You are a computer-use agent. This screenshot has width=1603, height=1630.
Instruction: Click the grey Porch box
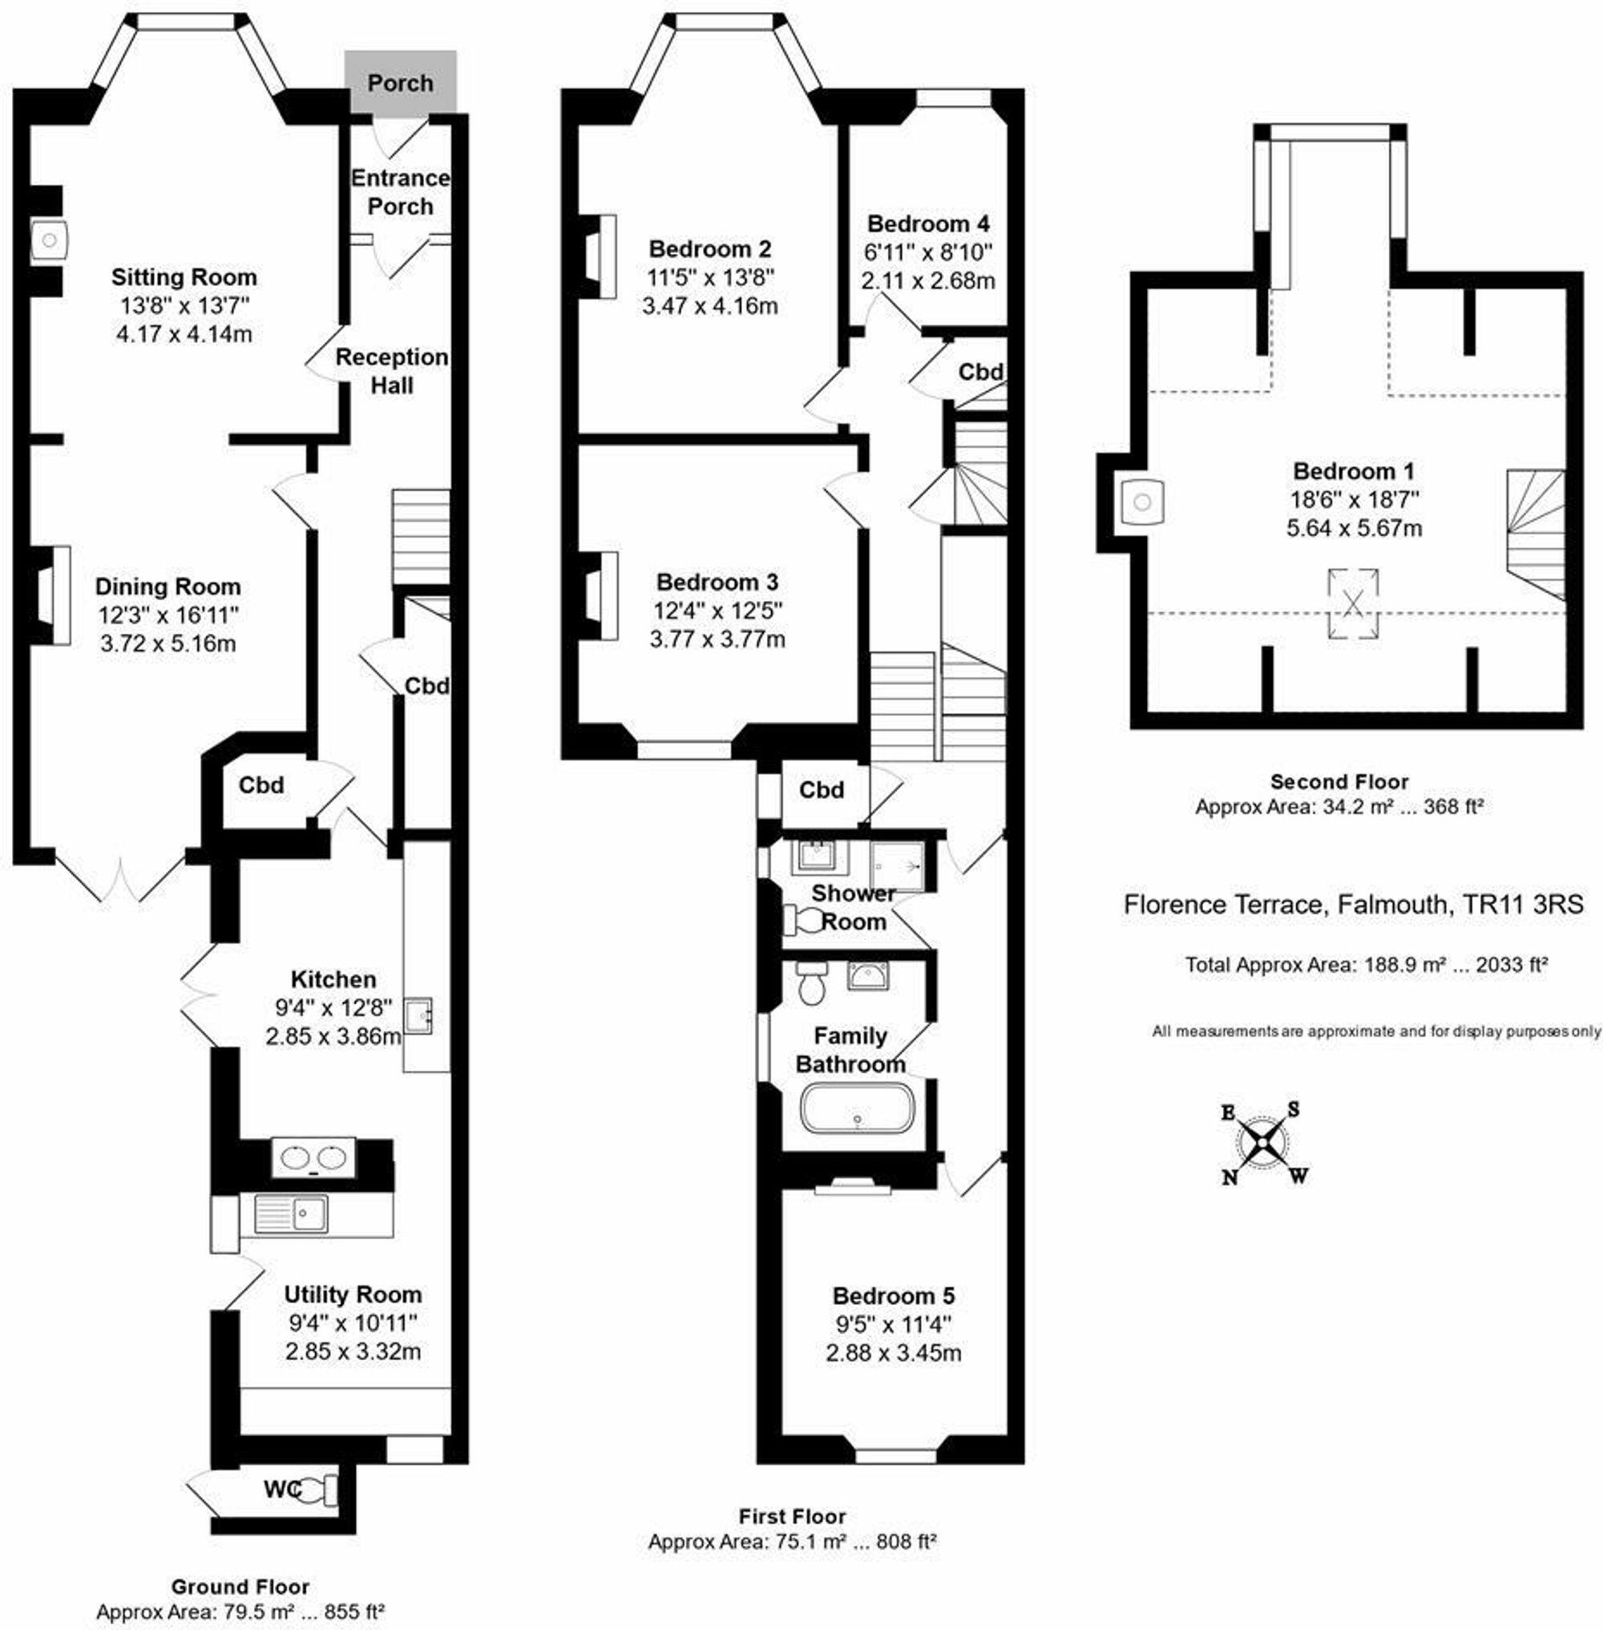(401, 81)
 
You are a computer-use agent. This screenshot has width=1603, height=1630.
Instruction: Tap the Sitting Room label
(184, 277)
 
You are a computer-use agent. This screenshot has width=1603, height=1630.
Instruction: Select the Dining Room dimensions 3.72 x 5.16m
(168, 644)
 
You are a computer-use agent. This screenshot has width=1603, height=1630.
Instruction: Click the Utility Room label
(352, 1294)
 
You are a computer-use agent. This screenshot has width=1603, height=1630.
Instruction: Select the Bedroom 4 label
(928, 224)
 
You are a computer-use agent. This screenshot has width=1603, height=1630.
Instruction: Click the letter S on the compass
(1293, 1110)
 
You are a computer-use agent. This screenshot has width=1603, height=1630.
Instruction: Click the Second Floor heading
(1339, 781)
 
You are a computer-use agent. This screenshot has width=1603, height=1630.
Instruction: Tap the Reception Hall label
(391, 370)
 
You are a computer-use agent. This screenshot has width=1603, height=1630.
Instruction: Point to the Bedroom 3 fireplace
(601, 596)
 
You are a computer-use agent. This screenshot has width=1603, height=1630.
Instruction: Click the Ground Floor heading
(240, 1587)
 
